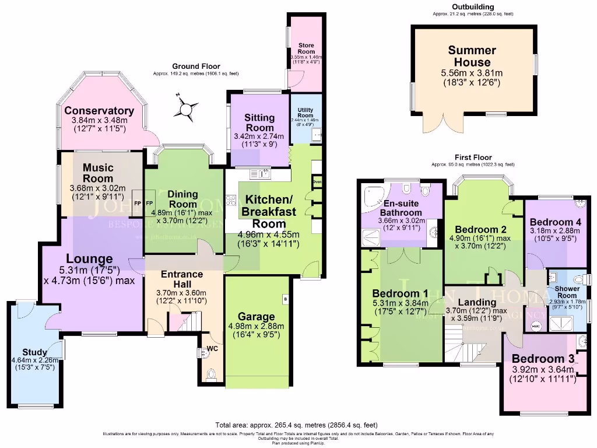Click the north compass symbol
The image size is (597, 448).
(x=186, y=108)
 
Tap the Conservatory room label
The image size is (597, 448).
(x=99, y=111)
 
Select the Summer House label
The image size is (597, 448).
(x=472, y=57)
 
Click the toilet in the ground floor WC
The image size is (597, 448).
(x=211, y=372)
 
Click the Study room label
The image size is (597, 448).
(x=34, y=352)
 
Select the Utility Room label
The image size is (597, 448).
(x=305, y=113)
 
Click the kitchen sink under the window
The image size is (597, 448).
(x=260, y=173)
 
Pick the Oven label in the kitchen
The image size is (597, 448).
(x=317, y=182)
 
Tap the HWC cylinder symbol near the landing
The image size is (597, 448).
(x=536, y=325)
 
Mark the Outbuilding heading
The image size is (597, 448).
(x=473, y=6)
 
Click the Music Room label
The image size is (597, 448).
(x=98, y=173)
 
